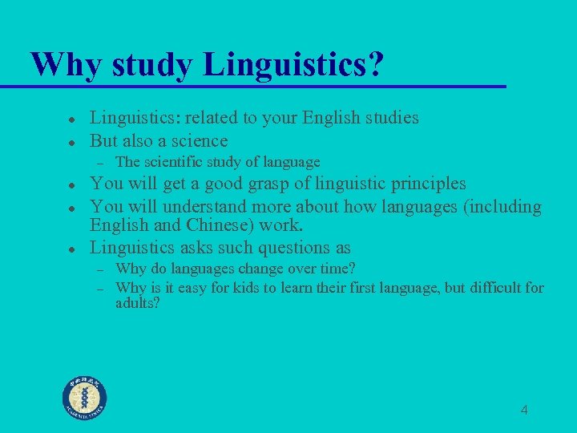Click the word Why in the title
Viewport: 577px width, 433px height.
click(x=61, y=64)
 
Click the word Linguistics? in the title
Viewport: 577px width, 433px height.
click(x=293, y=64)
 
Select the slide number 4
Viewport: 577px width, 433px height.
click(x=524, y=411)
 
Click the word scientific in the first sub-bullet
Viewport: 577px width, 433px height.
click(x=171, y=163)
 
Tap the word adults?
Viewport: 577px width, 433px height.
click(x=137, y=304)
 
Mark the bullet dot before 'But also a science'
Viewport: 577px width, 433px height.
click(x=71, y=141)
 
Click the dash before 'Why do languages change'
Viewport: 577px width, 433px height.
click(x=102, y=269)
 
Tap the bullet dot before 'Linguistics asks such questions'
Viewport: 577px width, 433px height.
click(x=71, y=249)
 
